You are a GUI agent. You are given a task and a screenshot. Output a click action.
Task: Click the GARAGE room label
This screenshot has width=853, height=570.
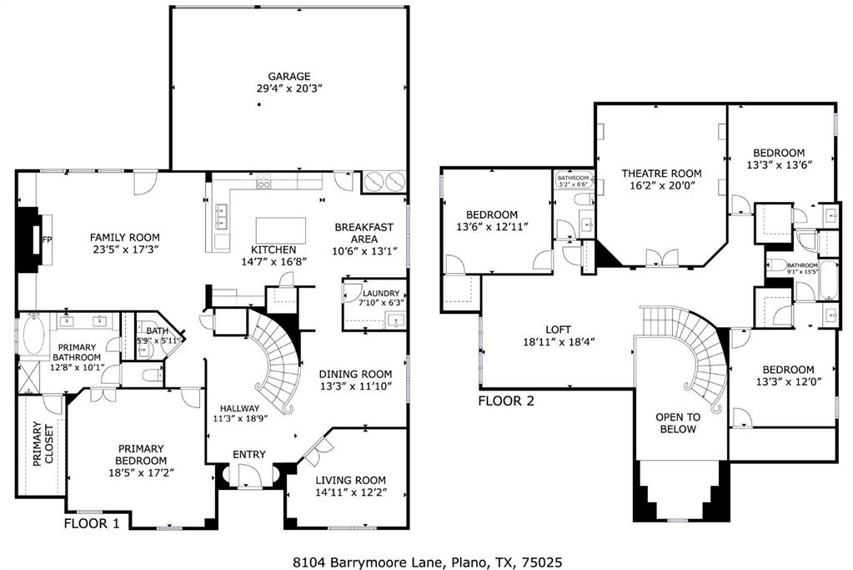pyautogui.click(x=289, y=77)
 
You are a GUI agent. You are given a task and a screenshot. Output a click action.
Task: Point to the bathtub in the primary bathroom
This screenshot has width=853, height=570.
pyautogui.click(x=35, y=335)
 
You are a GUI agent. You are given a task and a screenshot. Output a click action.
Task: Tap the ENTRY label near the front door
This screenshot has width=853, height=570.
pyautogui.click(x=249, y=454)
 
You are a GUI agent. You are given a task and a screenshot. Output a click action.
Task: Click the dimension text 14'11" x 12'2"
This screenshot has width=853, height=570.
pyautogui.click(x=350, y=492)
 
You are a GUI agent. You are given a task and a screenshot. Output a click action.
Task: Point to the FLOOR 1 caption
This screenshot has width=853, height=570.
pyautogui.click(x=92, y=523)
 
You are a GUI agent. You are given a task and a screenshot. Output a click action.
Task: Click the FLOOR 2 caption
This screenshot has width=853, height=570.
pyautogui.click(x=506, y=401)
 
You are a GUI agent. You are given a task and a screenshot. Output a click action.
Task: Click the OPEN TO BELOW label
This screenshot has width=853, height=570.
pyautogui.click(x=676, y=423)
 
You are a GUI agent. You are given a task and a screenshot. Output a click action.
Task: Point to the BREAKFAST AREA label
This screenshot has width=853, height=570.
pyautogui.click(x=364, y=233)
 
